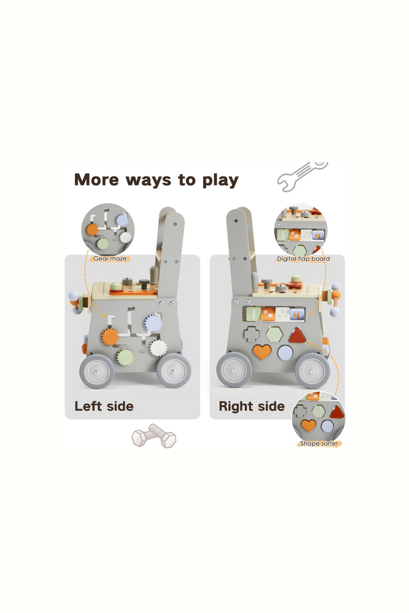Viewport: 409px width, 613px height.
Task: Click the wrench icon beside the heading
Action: (x=302, y=176)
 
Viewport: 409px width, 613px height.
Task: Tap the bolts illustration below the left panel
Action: (x=154, y=436)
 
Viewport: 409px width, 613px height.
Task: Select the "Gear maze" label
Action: (x=110, y=259)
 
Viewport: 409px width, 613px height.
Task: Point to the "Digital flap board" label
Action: (x=303, y=259)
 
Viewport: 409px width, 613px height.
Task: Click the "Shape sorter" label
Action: (x=319, y=444)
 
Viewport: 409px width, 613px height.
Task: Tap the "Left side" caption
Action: (x=104, y=406)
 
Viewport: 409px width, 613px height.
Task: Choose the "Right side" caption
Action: (x=252, y=406)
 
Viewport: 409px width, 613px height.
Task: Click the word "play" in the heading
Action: (x=220, y=181)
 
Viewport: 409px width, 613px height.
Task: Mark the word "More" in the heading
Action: (x=96, y=180)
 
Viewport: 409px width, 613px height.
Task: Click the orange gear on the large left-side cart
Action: (x=110, y=336)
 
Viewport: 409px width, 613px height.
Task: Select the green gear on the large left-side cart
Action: (x=125, y=357)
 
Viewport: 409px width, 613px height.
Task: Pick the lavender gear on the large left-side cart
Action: (x=153, y=323)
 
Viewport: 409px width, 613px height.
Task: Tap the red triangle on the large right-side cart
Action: (x=297, y=335)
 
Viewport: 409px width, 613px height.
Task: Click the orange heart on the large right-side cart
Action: (x=262, y=351)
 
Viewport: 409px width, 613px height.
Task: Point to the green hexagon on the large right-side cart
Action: (x=274, y=334)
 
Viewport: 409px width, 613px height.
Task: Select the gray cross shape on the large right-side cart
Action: (x=252, y=334)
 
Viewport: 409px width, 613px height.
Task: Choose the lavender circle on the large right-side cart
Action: (x=286, y=353)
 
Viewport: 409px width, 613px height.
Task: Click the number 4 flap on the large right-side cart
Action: (x=297, y=314)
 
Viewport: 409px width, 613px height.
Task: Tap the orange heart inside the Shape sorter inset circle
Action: (x=308, y=425)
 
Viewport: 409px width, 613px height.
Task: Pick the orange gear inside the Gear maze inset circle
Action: (x=92, y=229)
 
